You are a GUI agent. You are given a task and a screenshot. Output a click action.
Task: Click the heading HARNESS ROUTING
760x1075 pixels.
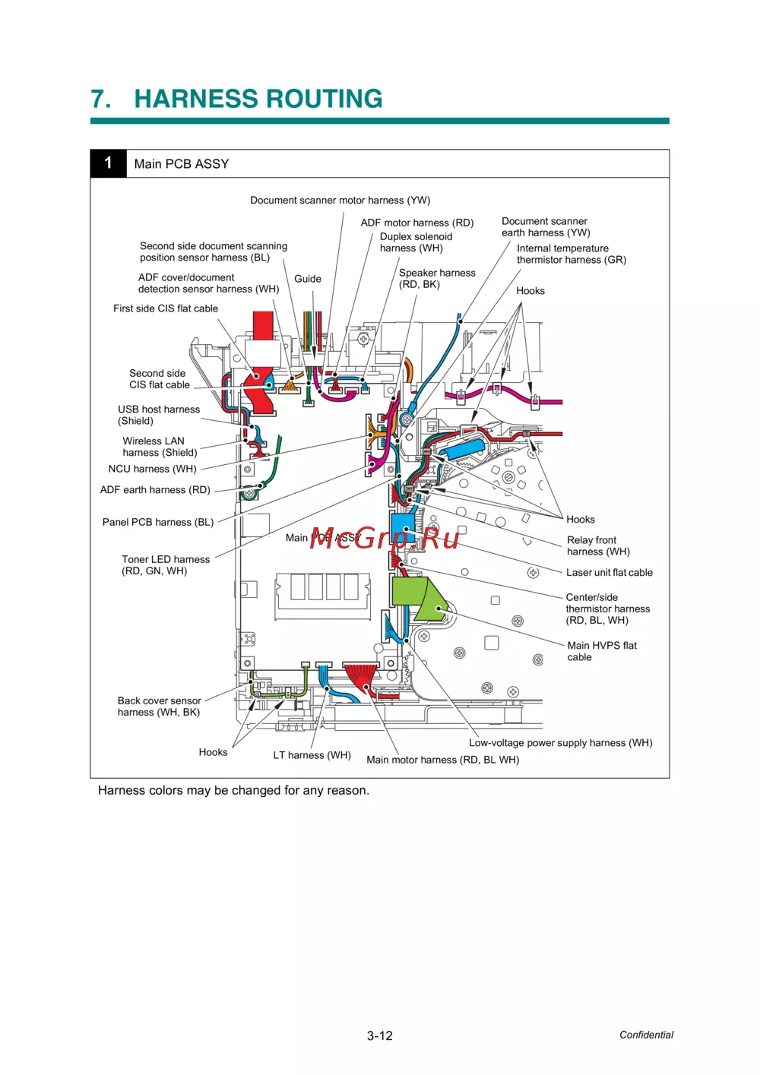258,99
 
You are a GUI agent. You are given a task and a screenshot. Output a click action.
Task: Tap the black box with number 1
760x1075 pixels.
108,163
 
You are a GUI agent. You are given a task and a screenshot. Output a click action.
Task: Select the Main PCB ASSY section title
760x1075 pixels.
182,164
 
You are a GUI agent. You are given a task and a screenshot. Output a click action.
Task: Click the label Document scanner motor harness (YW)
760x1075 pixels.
340,201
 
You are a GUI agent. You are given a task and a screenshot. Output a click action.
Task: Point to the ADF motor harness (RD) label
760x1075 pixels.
416,223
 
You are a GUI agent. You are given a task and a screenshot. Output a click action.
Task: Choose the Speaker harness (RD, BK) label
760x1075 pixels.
436,278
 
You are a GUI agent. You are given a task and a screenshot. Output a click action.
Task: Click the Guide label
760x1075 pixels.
308,279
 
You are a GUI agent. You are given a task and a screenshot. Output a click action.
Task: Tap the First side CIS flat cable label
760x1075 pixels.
166,308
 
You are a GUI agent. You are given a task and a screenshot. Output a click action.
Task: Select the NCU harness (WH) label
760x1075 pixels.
152,469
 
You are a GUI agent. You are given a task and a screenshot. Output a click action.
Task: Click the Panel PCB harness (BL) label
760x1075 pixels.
158,522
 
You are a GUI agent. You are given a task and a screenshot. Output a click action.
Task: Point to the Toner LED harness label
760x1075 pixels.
165,564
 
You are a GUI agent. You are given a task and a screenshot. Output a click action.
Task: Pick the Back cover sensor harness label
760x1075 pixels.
159,706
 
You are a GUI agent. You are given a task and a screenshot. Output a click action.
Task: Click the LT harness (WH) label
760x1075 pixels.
312,755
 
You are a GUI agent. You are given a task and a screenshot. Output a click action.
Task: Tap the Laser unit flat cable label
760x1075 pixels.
609,573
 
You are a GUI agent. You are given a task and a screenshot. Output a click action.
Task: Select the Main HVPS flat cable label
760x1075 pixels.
601,651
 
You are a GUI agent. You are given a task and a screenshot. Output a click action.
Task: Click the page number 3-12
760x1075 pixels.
380,1035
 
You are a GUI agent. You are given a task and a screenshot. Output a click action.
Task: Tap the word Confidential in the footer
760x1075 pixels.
646,1035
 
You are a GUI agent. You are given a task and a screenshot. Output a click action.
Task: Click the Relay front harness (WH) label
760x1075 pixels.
597,545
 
